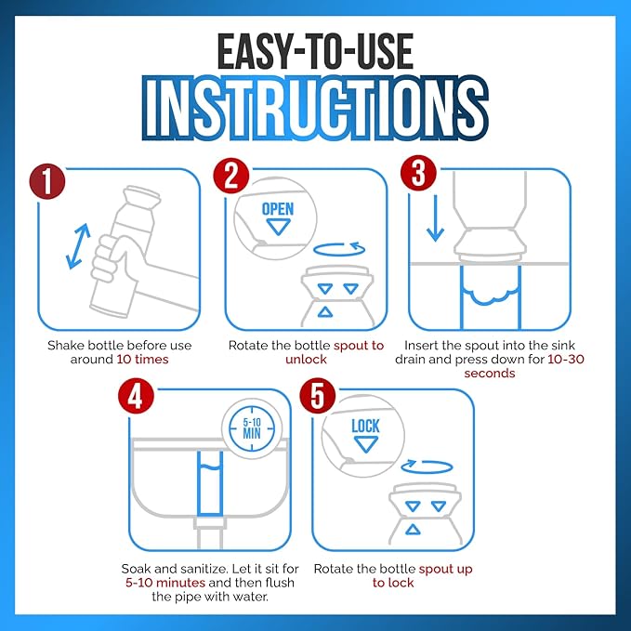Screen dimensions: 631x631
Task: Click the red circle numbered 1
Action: [x=47, y=181]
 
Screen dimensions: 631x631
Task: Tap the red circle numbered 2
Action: [x=231, y=176]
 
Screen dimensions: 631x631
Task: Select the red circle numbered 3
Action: [x=418, y=173]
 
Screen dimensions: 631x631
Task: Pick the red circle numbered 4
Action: [x=136, y=396]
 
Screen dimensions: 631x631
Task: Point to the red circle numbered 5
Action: [x=318, y=396]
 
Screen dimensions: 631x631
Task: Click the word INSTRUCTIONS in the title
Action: [x=316, y=108]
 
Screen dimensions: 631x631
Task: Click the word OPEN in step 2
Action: [x=278, y=209]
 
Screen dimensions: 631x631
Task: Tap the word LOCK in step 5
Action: [x=365, y=427]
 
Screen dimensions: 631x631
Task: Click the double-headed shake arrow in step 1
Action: [x=78, y=246]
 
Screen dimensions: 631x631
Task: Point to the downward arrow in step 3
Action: [x=435, y=218]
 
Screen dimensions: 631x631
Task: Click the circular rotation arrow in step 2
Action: [x=339, y=249]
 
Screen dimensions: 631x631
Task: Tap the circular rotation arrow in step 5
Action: [x=427, y=467]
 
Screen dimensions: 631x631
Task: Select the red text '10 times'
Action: [x=142, y=360]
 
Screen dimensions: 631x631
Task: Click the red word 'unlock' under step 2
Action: [x=306, y=360]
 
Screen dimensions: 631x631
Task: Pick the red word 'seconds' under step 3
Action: [x=490, y=374]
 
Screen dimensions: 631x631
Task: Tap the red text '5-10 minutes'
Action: [x=165, y=583]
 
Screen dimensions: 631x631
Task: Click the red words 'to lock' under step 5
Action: [x=393, y=583]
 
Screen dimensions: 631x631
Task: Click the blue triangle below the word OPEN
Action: [x=278, y=226]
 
